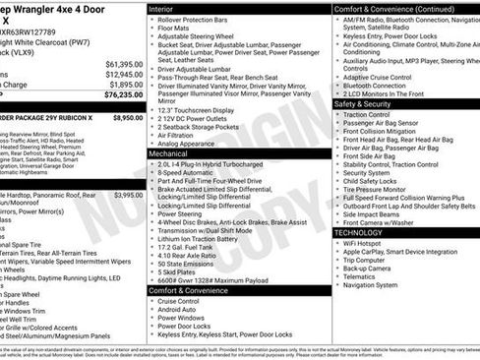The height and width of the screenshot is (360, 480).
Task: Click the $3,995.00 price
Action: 128,195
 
